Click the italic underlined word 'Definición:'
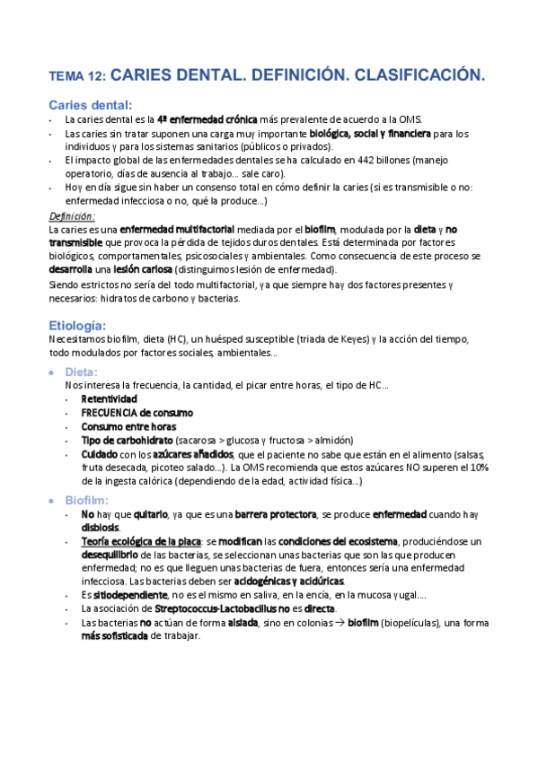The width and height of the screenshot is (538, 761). [x=72, y=217]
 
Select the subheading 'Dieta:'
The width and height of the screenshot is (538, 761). [x=83, y=372]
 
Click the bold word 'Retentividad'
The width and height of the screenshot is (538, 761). [x=109, y=398]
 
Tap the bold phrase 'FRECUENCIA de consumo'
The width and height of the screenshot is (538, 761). [x=137, y=413]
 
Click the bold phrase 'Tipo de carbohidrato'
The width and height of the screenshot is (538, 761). [x=128, y=441]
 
